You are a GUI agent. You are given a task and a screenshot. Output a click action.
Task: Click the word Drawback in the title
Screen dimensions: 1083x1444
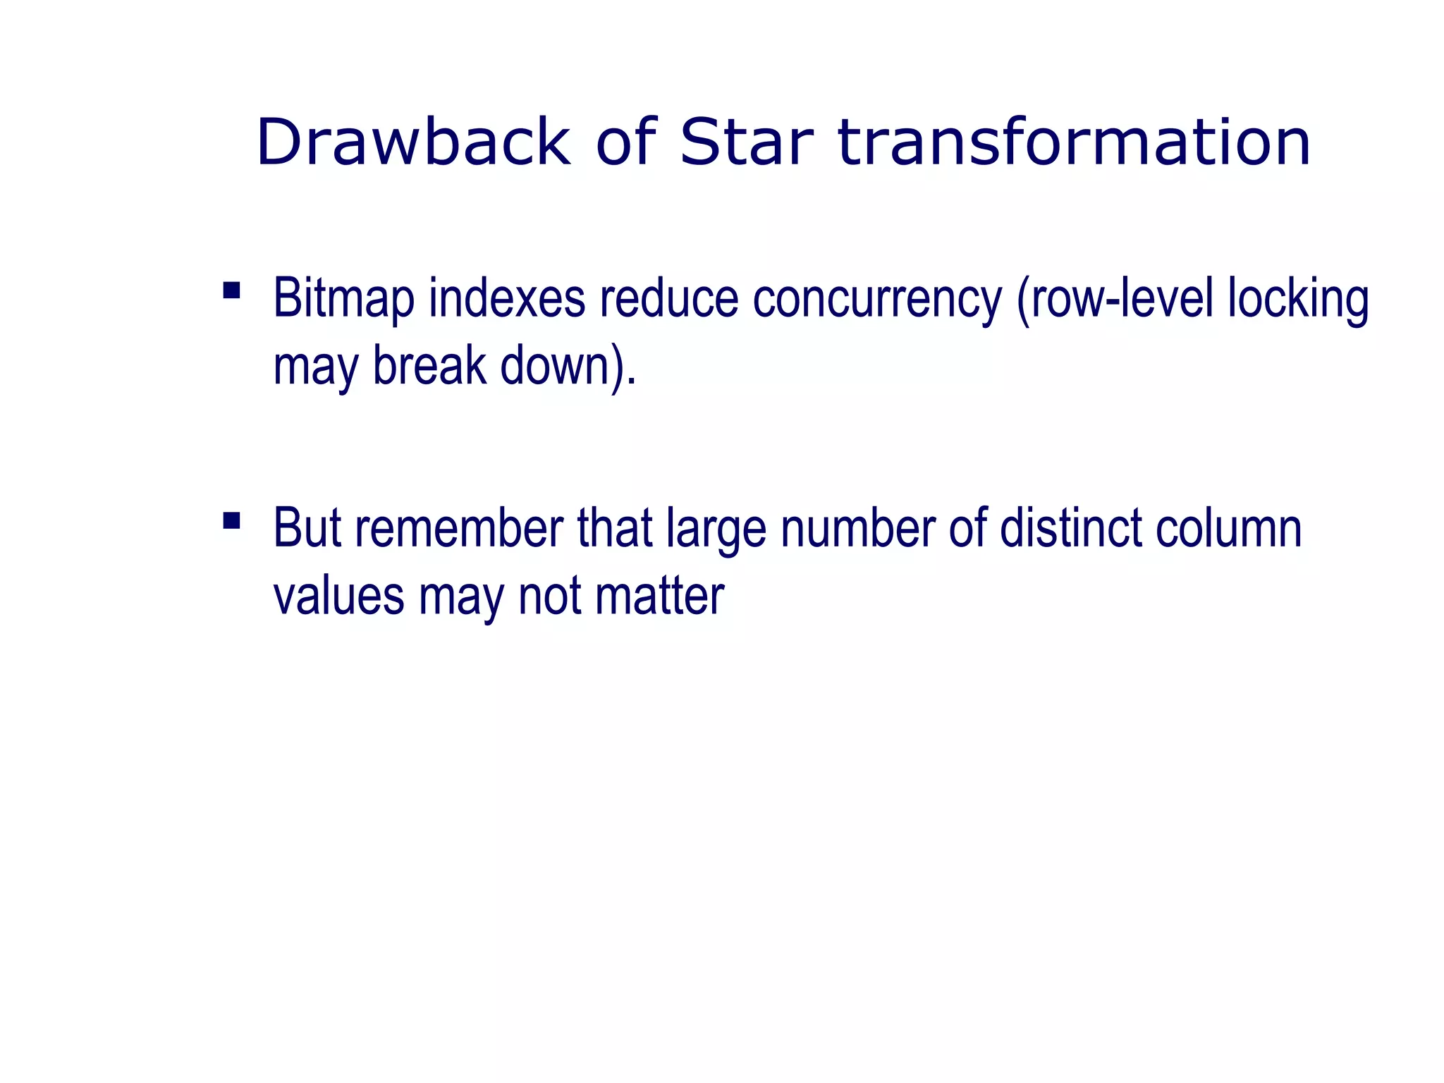pyautogui.click(x=413, y=142)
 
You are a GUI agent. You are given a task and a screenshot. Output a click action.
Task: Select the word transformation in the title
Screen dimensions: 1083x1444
pyautogui.click(x=1074, y=142)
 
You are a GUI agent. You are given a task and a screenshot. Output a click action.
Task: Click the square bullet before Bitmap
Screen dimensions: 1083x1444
pyautogui.click(x=231, y=290)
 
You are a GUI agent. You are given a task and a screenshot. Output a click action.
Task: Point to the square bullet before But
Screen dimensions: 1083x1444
pyautogui.click(x=231, y=520)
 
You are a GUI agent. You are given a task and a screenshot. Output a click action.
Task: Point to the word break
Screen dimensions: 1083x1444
pyautogui.click(x=429, y=366)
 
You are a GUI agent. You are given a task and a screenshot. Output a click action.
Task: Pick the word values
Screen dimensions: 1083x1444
pyautogui.click(x=338, y=596)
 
